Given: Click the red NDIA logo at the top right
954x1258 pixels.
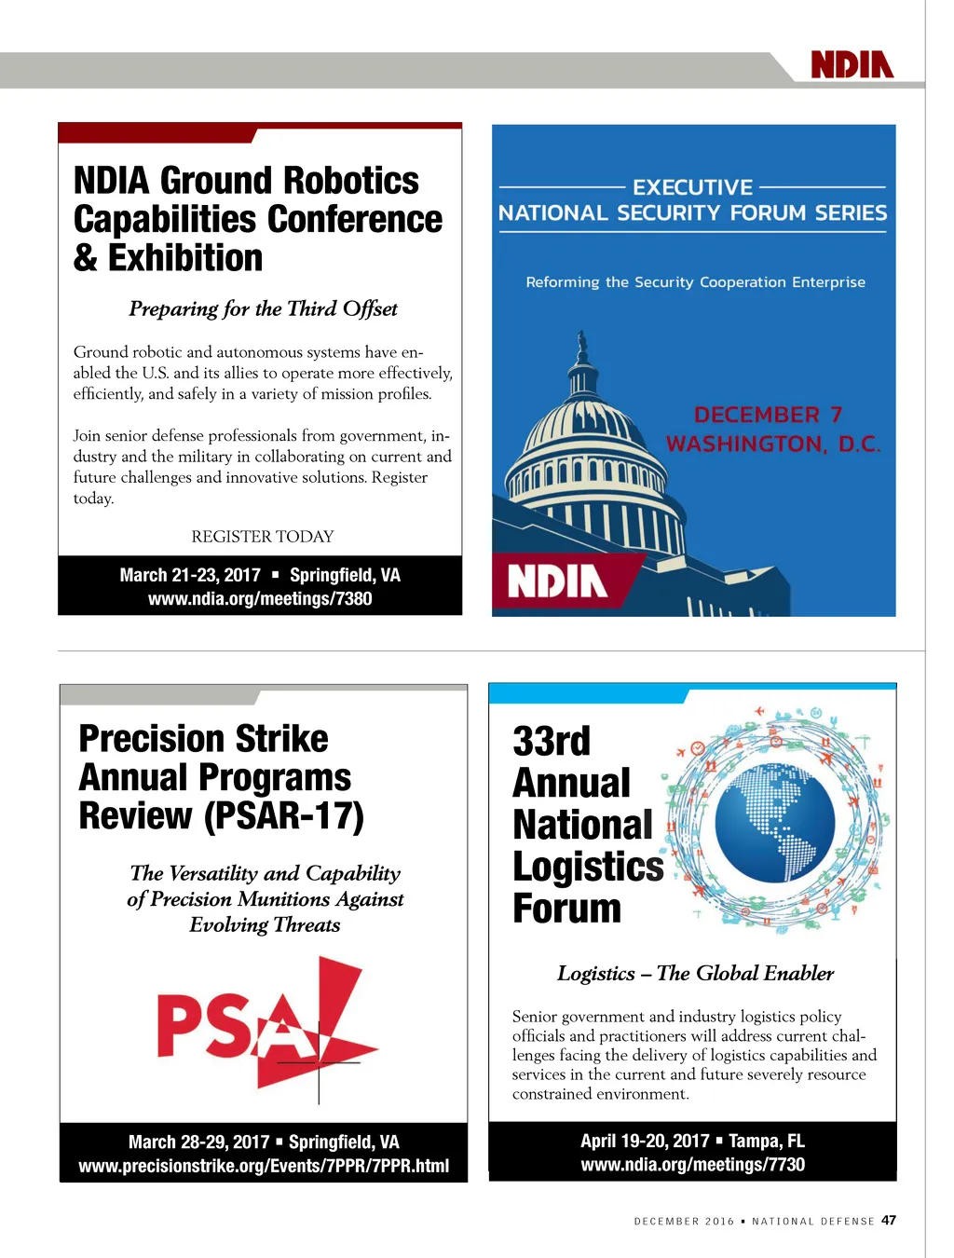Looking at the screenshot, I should (x=852, y=64).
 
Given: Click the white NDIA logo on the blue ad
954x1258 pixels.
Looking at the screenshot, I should (x=557, y=581).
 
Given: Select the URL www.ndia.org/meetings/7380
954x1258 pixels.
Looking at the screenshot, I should (x=260, y=598).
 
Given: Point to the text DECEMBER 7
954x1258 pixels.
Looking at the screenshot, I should (x=768, y=415).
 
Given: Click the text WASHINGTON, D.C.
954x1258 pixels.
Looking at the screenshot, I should (x=773, y=444).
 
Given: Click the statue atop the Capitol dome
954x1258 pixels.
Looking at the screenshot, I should (x=582, y=348).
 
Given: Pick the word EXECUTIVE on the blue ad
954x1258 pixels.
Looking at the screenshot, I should (x=693, y=187).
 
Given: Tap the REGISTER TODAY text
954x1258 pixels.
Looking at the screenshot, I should (x=262, y=536).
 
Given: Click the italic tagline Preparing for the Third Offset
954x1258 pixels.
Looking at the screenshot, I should (x=263, y=308).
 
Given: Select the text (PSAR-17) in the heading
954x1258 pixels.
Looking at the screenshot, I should (x=284, y=815).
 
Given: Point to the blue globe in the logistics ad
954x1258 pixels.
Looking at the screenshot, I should (x=776, y=821).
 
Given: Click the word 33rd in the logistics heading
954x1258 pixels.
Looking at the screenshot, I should (x=552, y=741).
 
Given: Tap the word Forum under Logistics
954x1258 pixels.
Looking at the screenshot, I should (x=566, y=908).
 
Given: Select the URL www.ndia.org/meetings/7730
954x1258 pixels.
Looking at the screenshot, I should (x=692, y=1164).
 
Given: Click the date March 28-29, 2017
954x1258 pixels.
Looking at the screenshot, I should (x=198, y=1142).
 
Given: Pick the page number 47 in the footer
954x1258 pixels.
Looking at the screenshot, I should (x=889, y=1220).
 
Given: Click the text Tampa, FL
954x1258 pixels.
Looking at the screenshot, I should (x=766, y=1141).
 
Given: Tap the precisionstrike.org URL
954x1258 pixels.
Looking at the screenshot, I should (x=264, y=1166).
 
